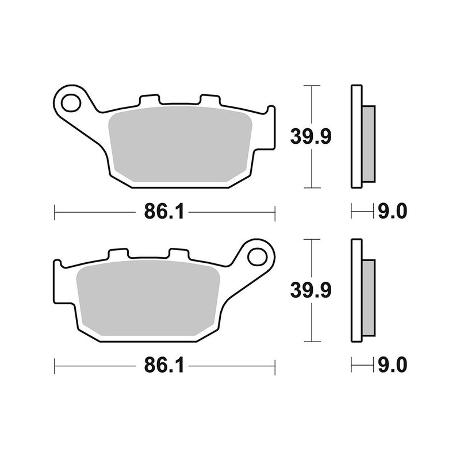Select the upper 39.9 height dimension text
tap(310, 137)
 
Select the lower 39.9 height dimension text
tap(310, 291)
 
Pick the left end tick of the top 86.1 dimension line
tap(55, 212)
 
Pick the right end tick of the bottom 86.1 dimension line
tap(275, 366)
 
